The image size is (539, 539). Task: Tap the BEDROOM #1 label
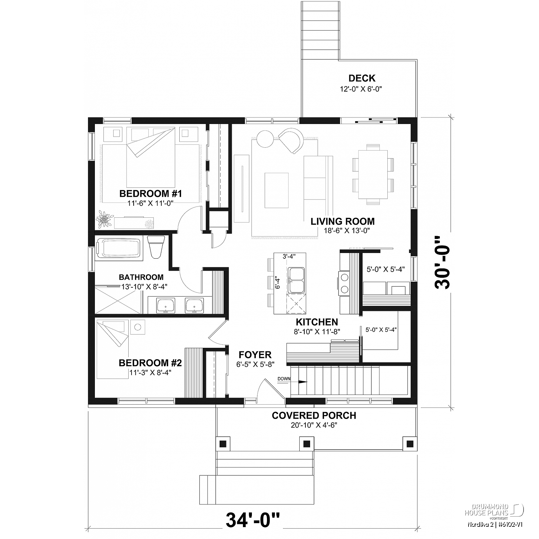click(x=151, y=194)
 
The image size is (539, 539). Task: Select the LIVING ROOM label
click(x=343, y=221)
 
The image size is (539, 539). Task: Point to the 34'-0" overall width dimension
click(x=253, y=519)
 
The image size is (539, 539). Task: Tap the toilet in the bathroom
click(x=156, y=247)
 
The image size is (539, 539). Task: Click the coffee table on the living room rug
click(x=277, y=190)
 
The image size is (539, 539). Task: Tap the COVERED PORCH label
click(x=314, y=416)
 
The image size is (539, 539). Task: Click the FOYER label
click(x=255, y=355)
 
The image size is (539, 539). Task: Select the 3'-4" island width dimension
click(x=289, y=257)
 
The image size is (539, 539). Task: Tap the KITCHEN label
click(x=317, y=322)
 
